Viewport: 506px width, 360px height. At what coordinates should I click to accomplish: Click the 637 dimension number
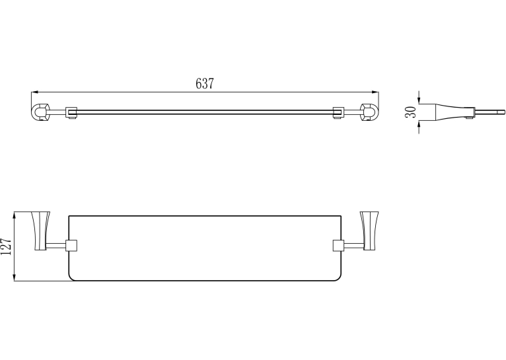205,83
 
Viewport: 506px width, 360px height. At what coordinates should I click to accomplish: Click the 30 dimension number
410,112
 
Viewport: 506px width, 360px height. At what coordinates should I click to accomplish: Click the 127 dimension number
6,246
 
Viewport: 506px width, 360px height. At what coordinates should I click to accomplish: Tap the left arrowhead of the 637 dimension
35,92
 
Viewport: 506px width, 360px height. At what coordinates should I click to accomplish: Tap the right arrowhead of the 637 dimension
375,92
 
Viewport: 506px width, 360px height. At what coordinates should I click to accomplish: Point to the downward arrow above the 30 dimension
419,97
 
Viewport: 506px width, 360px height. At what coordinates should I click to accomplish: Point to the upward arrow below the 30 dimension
419,127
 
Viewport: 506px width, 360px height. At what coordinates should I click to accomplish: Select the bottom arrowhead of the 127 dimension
14,277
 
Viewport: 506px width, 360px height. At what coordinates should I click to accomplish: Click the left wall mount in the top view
40,112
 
